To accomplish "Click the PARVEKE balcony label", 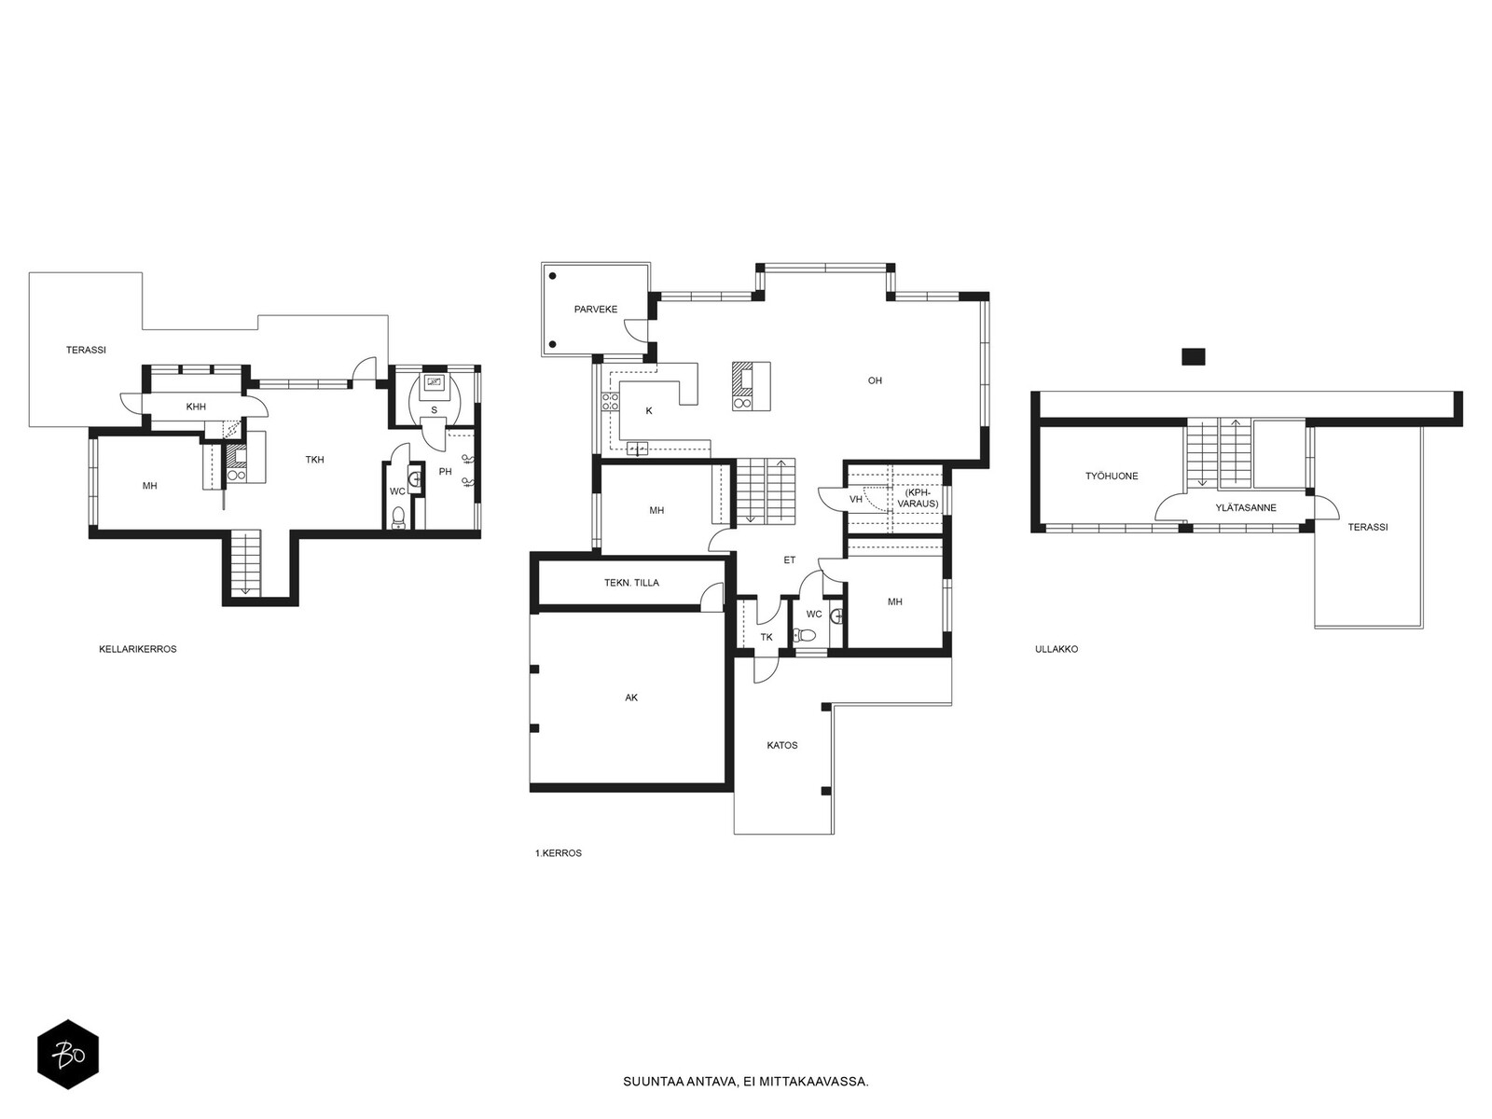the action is click(596, 310).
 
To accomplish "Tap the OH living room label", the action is click(875, 380).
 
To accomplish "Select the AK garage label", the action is click(631, 698).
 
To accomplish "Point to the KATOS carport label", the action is click(782, 745).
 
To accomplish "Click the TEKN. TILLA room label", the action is click(631, 582).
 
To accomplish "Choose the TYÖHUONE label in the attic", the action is click(1112, 477).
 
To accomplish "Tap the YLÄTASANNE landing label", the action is click(1246, 507).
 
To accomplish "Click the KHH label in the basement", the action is click(196, 407).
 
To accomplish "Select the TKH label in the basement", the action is click(314, 460).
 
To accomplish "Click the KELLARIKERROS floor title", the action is click(138, 649).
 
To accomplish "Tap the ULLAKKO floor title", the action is click(1057, 649).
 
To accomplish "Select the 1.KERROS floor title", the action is click(558, 853).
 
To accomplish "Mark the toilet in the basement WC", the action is click(399, 518).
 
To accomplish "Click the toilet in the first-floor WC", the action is click(807, 635).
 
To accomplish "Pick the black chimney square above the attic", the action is click(1194, 357).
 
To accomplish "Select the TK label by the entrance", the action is click(767, 637).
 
